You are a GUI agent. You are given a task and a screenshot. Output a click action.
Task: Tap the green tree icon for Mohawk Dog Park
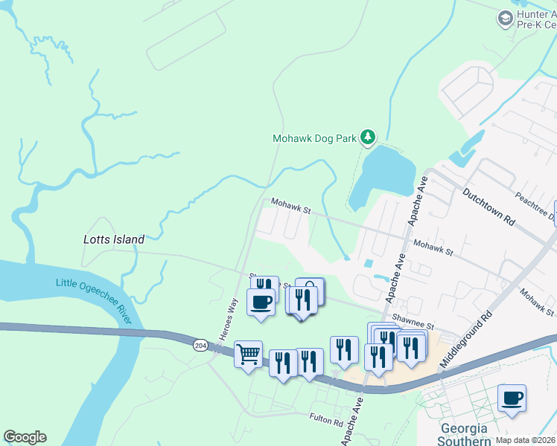click(366, 137)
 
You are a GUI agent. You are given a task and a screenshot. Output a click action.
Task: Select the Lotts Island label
click(113, 239)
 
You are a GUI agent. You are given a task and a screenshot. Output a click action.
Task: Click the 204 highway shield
click(200, 345)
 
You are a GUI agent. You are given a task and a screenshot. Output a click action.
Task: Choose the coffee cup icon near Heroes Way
click(261, 302)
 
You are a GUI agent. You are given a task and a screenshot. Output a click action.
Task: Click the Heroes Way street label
click(227, 319)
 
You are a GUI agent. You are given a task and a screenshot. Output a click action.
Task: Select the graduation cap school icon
click(506, 17)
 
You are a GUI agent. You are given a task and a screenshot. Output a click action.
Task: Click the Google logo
click(25, 437)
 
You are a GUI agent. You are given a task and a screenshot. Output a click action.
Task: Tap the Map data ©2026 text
click(526, 440)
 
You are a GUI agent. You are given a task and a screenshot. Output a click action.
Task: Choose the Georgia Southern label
click(465, 435)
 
